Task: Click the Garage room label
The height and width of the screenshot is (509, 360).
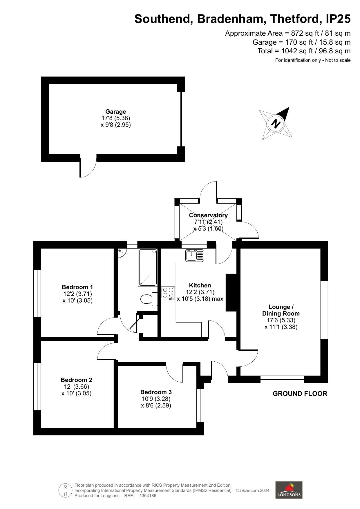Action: click(115, 112)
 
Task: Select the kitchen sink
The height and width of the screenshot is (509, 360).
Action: click(195, 255)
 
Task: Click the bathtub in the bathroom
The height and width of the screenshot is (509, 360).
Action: click(148, 267)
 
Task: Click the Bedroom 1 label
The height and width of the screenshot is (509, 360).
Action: click(77, 287)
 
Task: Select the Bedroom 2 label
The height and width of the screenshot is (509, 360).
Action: click(77, 380)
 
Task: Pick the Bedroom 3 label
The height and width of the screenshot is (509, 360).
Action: click(156, 392)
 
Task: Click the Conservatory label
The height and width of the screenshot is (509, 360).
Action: click(208, 215)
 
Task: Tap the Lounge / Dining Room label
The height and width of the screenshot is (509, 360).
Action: click(281, 310)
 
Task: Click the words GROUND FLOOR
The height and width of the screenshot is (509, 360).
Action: click(300, 394)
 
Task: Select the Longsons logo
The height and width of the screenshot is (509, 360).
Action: click(289, 490)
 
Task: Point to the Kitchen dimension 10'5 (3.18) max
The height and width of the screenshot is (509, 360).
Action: click(200, 299)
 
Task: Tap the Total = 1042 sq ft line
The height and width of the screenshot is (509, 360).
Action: click(304, 51)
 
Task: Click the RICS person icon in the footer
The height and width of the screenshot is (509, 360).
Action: click(66, 490)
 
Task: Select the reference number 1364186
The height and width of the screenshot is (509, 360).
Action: click(148, 496)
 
